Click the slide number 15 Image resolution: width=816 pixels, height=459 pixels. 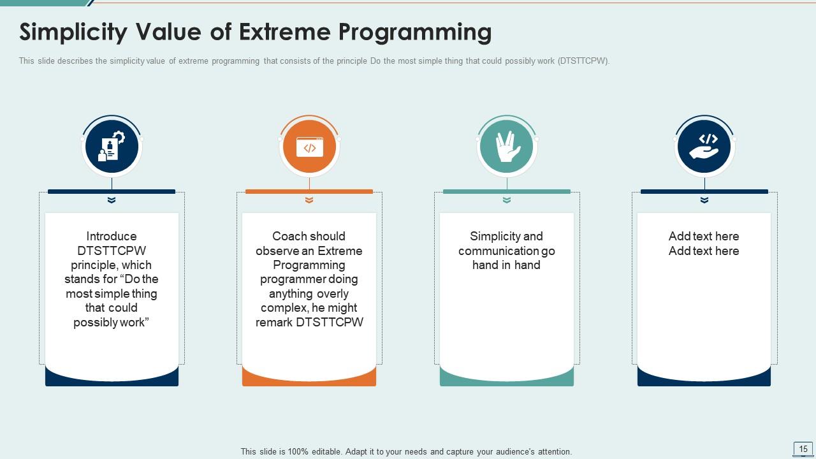coord(803,449)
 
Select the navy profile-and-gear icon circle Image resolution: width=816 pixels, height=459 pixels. coord(112,147)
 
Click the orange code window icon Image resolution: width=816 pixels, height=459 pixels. coord(309,147)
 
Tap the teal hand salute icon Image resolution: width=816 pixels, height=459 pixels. coord(507,147)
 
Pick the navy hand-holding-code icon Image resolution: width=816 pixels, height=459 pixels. coord(704,147)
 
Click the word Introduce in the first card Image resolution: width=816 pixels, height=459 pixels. coord(112,237)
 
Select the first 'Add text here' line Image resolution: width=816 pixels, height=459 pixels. coord(704,237)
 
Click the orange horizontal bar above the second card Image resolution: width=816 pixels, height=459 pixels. coord(309,191)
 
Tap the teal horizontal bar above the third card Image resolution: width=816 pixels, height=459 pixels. coord(507,191)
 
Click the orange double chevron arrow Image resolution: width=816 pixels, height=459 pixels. coord(309,200)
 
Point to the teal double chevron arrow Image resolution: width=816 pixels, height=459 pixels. coord(507,200)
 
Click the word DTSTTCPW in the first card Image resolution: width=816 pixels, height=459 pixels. coord(112,251)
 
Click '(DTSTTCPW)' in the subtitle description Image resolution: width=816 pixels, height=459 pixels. coord(583,61)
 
